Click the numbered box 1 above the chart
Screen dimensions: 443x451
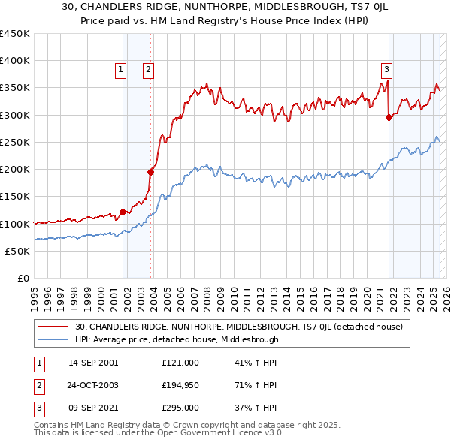(121, 70)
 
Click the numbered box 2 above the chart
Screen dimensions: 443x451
(149, 70)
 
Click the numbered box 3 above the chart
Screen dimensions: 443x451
(386, 70)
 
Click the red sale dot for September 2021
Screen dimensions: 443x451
(389, 117)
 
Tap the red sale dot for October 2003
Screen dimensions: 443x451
(150, 172)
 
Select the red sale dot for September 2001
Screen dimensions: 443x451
(123, 212)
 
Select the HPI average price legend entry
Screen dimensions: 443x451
(177, 339)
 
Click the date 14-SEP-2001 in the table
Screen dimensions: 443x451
(93, 363)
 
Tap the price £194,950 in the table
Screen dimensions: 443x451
(180, 385)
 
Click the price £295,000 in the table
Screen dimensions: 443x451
(180, 408)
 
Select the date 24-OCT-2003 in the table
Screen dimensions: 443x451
(93, 385)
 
